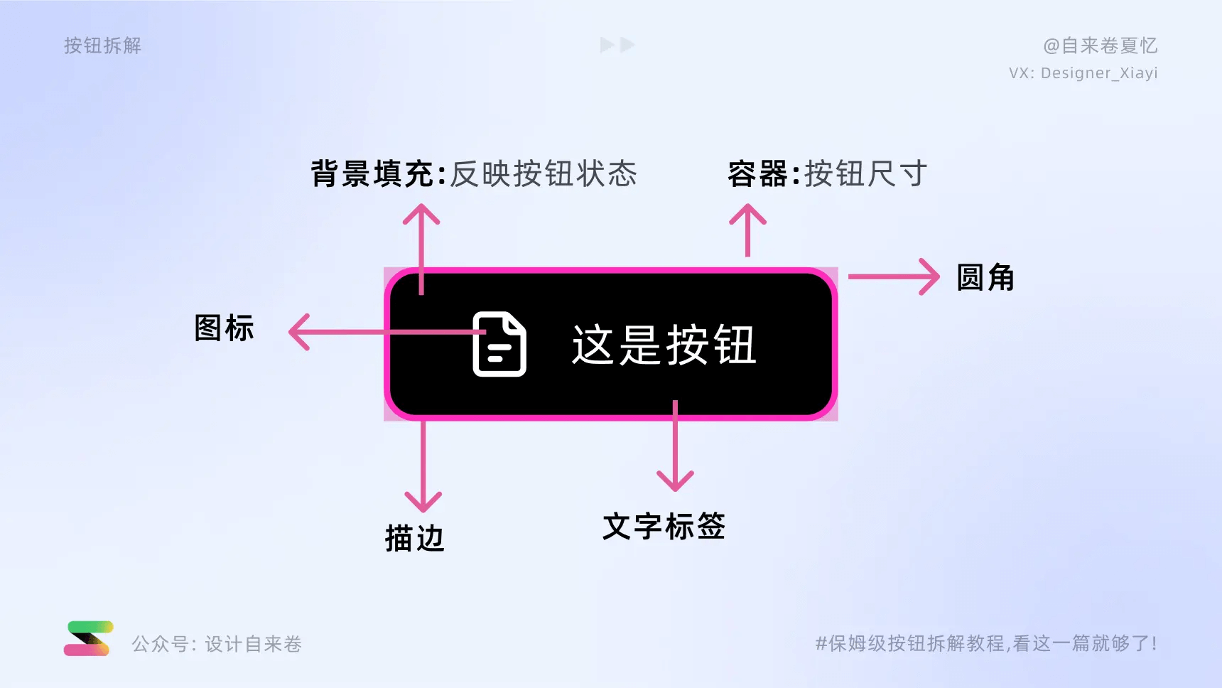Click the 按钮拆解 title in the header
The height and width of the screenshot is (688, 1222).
point(102,45)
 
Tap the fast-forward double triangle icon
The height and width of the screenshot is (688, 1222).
point(617,45)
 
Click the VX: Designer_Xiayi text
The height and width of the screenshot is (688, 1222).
point(1083,73)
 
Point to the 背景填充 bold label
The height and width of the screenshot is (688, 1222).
point(372,174)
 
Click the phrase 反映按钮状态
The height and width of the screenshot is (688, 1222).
point(544,174)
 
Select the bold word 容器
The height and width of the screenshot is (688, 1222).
point(757,174)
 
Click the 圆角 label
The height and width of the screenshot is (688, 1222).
point(985,277)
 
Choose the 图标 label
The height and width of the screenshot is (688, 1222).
point(224,328)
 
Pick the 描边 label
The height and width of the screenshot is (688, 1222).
point(414,538)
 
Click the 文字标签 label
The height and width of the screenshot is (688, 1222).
point(664,527)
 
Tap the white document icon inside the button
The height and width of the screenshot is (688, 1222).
point(499,344)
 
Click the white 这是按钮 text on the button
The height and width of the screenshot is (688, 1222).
point(664,345)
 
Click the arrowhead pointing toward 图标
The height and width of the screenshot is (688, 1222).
point(298,332)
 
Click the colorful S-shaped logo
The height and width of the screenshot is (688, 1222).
point(89,638)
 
